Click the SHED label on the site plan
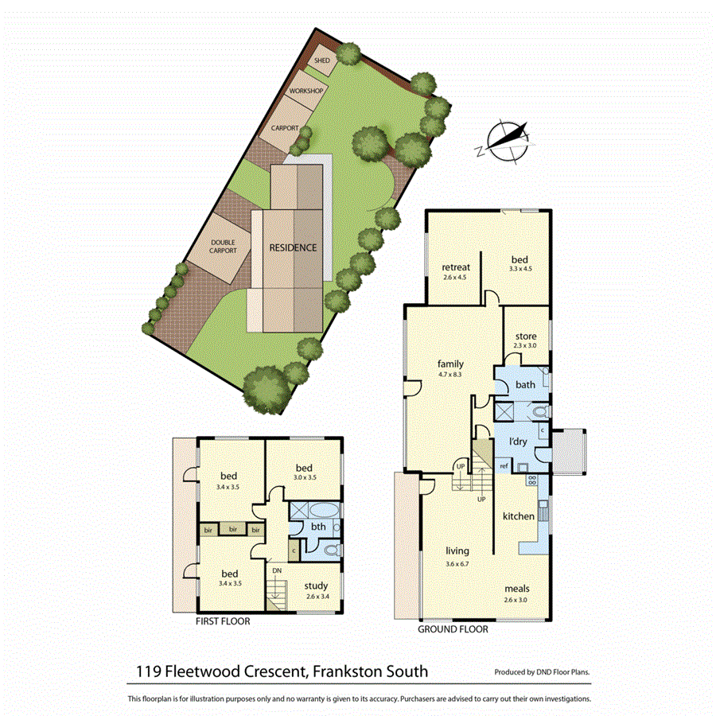click(322, 60)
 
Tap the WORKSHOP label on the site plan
click(305, 92)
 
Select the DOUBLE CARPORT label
click(224, 246)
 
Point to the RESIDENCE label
click(293, 247)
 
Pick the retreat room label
click(456, 267)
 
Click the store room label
click(527, 337)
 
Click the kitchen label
click(519, 516)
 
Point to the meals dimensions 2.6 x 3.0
click(516, 600)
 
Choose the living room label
click(457, 551)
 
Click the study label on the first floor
click(317, 586)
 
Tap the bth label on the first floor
click(317, 527)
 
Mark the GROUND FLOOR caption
click(453, 628)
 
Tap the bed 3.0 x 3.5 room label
click(304, 468)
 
